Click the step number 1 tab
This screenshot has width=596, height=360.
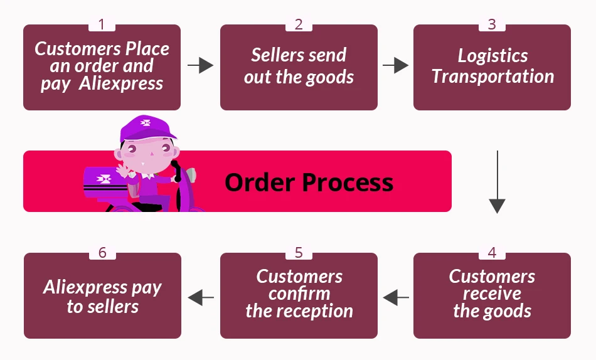[102, 24]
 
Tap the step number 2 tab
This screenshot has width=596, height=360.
[299, 24]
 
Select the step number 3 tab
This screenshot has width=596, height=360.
[492, 24]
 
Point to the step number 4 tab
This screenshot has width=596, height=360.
[492, 253]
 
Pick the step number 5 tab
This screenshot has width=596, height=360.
[299, 253]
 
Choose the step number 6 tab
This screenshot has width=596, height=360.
[102, 253]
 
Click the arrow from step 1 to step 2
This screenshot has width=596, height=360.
[200, 65]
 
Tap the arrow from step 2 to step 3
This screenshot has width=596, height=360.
[395, 65]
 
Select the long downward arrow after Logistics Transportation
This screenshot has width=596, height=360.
[497, 182]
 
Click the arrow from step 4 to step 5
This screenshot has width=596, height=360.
[395, 297]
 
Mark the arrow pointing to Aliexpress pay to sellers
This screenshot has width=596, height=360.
[201, 297]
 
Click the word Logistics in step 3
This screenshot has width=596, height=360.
[492, 56]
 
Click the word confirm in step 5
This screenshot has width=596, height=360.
[299, 294]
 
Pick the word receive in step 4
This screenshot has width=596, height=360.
[492, 294]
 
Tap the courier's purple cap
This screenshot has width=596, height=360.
[147, 129]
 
